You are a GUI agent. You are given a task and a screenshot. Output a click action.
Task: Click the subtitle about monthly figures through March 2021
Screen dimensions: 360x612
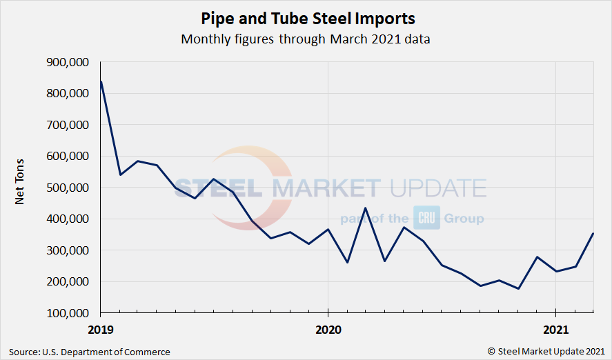pos(306,39)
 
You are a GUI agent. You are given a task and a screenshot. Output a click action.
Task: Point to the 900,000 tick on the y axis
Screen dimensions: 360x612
pos(66,62)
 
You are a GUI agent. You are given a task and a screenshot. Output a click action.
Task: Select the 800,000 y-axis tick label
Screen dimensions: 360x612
pos(66,94)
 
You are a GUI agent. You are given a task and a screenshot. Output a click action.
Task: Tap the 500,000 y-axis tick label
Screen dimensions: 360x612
pos(66,188)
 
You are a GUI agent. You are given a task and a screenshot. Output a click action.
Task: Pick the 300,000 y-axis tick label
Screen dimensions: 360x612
pos(66,250)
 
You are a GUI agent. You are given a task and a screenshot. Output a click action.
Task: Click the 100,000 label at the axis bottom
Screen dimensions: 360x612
pos(66,313)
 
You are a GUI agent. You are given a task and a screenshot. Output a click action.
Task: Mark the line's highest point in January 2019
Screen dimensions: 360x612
pos(101,82)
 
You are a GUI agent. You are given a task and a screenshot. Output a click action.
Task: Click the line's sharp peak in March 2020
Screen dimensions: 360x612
pos(366,208)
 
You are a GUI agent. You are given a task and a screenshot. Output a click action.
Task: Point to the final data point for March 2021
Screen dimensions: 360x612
pos(593,233)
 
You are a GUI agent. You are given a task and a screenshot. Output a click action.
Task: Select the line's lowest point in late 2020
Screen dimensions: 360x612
pos(517,288)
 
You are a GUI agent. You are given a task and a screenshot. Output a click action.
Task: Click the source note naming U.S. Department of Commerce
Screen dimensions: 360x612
pos(90,352)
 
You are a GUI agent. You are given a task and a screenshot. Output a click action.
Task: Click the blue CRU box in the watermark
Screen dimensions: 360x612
pos(422,218)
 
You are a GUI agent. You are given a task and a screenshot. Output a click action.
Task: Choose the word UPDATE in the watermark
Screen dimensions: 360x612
pos(437,188)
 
